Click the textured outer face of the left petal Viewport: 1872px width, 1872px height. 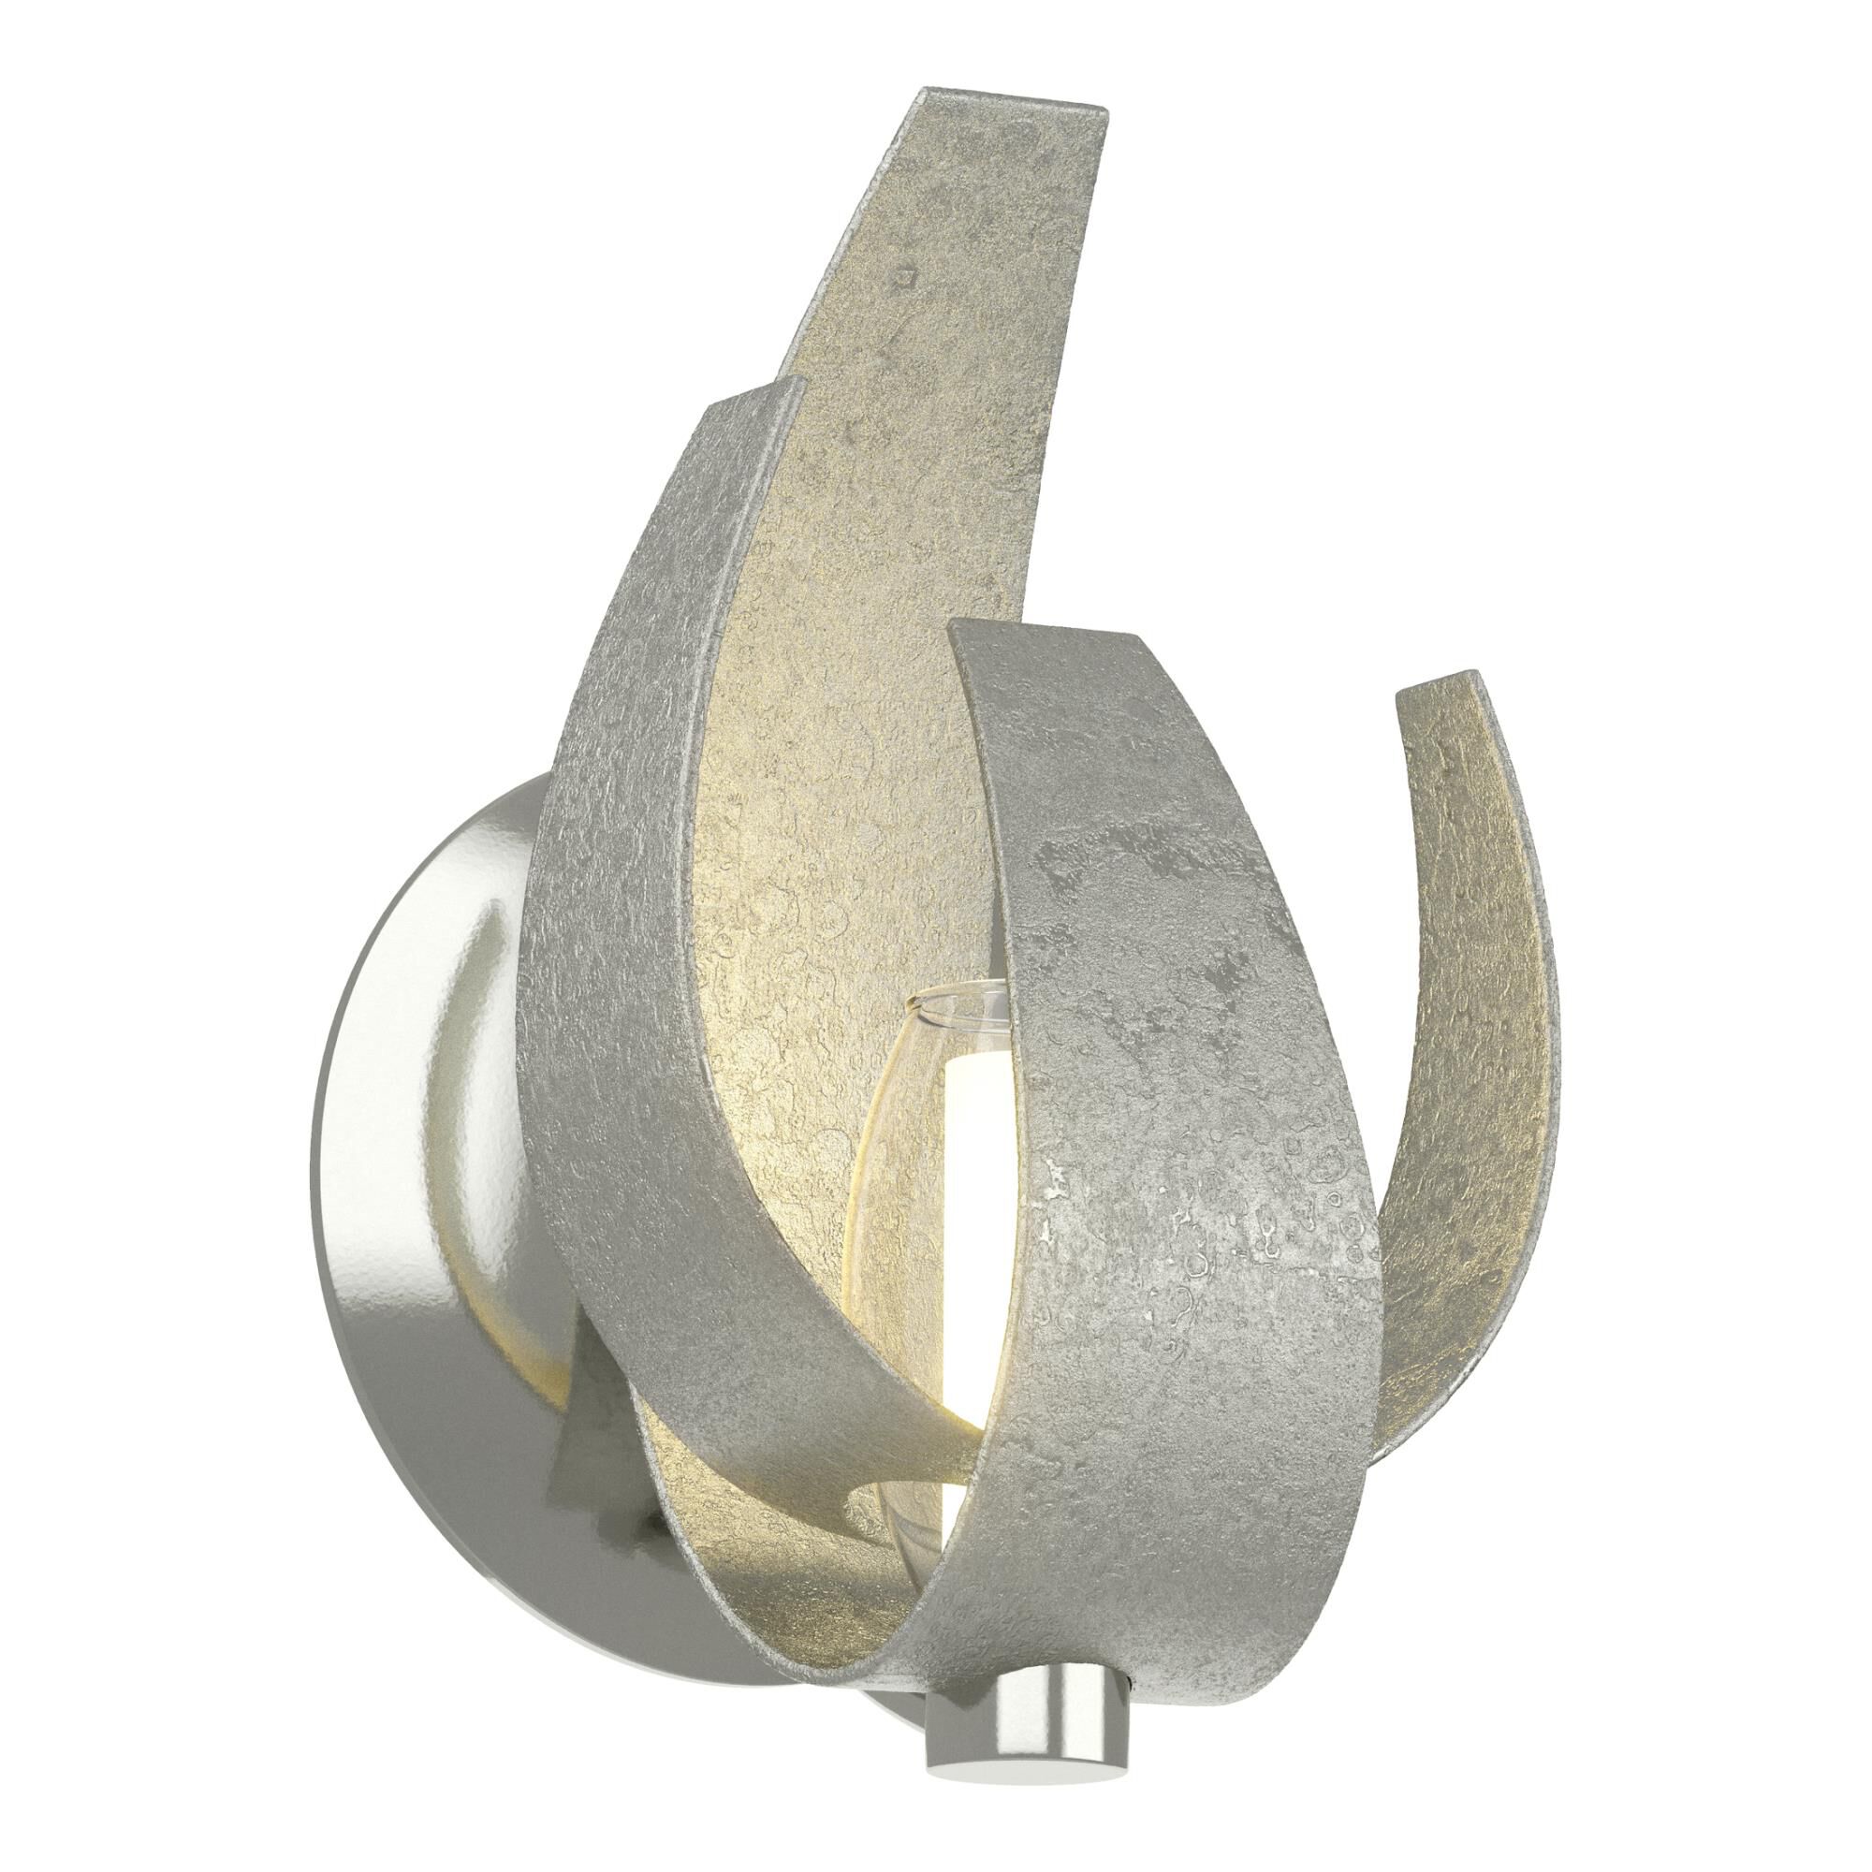click(x=630, y=872)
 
